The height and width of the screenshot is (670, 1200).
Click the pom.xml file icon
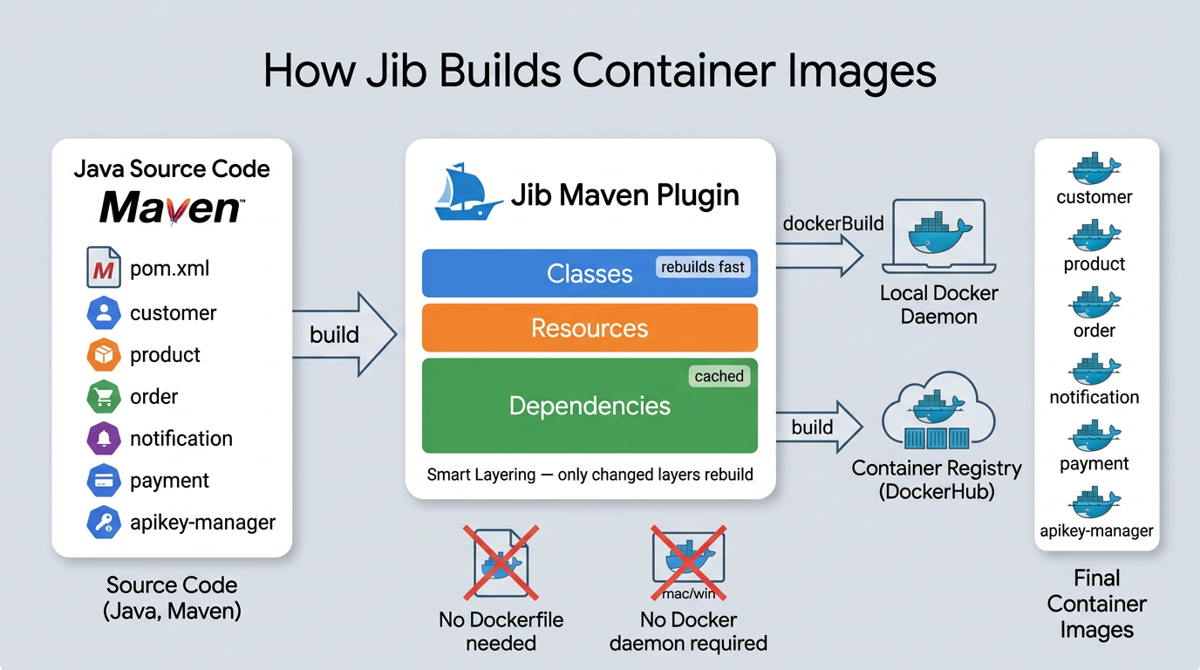[103, 268]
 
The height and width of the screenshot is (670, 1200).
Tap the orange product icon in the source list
[103, 354]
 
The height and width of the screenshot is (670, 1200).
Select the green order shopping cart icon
[103, 397]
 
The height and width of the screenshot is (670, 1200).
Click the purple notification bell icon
[103, 438]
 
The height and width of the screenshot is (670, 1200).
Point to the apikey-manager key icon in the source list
[103, 523]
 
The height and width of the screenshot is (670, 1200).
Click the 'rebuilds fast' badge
[703, 267]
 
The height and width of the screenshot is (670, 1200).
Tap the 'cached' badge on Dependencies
[719, 376]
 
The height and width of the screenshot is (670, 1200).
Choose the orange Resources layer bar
[590, 328]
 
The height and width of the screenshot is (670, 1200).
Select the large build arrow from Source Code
[344, 334]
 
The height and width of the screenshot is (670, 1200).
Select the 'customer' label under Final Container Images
[1094, 197]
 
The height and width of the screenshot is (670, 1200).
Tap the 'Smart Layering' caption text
[479, 476]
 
